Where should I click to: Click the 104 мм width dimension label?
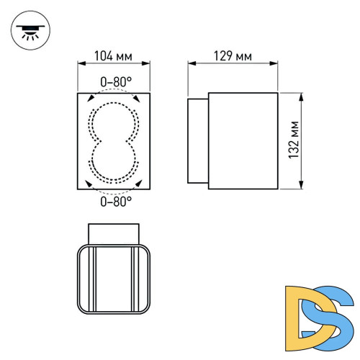pos(112,55)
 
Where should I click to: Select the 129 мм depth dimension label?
pos(233,55)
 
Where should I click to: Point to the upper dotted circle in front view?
pos(113,120)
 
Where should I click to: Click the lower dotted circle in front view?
pos(113,160)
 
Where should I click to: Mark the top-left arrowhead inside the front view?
pos(89,99)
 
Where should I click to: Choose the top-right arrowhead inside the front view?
pos(138,99)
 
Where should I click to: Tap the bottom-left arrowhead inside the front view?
pos(89,184)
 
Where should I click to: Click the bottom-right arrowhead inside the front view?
pos(138,184)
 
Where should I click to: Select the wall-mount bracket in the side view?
pos(198,141)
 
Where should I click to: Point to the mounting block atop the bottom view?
pos(113,234)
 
